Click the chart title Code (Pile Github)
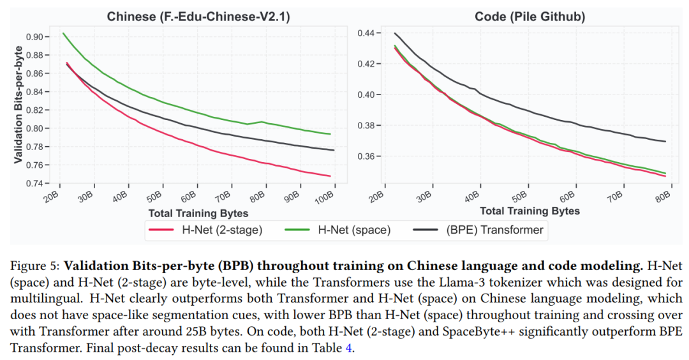(530, 17)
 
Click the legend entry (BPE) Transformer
(494, 230)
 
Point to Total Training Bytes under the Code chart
(530, 211)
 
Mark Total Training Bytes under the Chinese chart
(198, 213)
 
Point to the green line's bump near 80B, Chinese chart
(262, 121)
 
